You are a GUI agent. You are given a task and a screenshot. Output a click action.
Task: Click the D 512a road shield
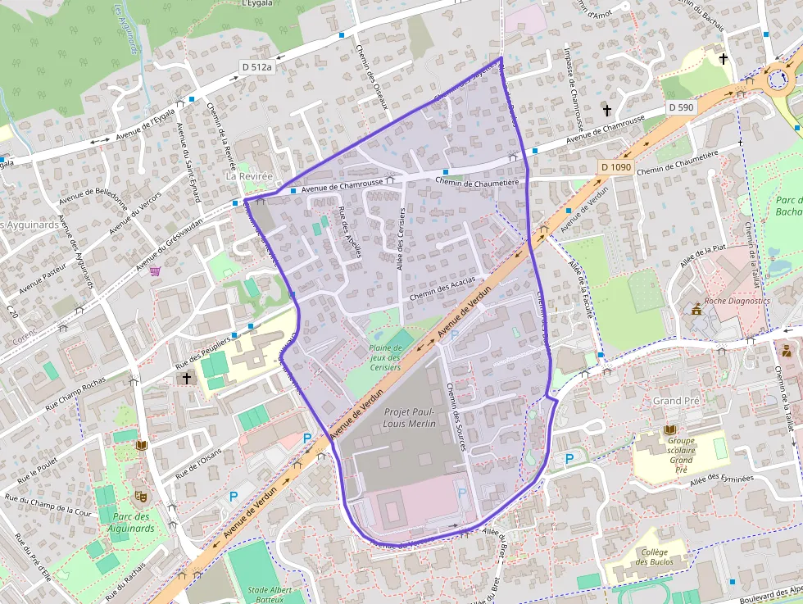tap(256, 66)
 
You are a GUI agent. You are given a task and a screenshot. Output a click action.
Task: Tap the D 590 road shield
tap(680, 107)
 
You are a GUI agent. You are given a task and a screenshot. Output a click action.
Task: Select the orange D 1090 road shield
tap(615, 167)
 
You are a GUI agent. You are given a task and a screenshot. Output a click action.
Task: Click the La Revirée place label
tap(248, 176)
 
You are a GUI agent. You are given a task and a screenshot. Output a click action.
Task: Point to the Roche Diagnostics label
tap(737, 301)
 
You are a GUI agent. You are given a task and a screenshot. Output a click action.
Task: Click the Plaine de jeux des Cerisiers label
tap(385, 357)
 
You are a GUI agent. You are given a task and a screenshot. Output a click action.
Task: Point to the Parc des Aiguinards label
tap(131, 522)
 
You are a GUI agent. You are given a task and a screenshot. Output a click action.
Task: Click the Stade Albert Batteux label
tap(270, 595)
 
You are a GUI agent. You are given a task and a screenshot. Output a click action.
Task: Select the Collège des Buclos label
tap(654, 556)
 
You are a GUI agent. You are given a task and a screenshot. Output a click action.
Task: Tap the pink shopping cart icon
tap(155, 270)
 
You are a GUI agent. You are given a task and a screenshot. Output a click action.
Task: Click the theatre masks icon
tap(140, 496)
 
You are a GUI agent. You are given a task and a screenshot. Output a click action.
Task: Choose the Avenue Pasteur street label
tap(42, 279)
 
